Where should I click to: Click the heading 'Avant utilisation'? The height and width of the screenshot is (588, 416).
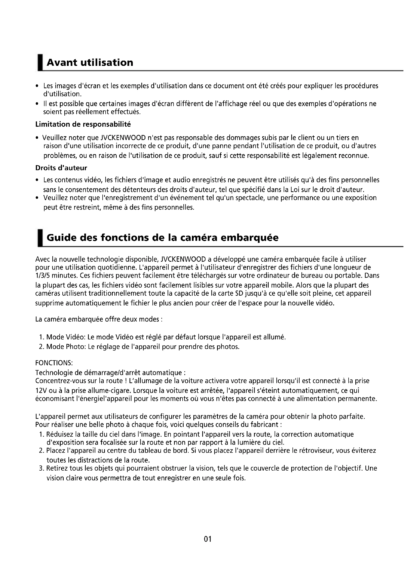(x=90, y=63)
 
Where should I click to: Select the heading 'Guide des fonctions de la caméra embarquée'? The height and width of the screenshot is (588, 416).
(x=162, y=238)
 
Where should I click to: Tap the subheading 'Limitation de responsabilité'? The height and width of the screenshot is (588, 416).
(x=83, y=124)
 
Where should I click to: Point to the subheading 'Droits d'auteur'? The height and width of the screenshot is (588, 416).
(x=61, y=168)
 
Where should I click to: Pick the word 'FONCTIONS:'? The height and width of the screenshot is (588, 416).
(x=54, y=363)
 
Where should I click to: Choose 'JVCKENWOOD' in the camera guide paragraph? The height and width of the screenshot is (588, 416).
(x=183, y=259)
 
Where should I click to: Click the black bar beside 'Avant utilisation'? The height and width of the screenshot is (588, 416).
(x=40, y=63)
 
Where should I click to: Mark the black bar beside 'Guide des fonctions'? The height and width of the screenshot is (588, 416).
(x=40, y=238)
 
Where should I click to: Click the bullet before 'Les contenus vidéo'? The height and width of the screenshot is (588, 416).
(x=37, y=180)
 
